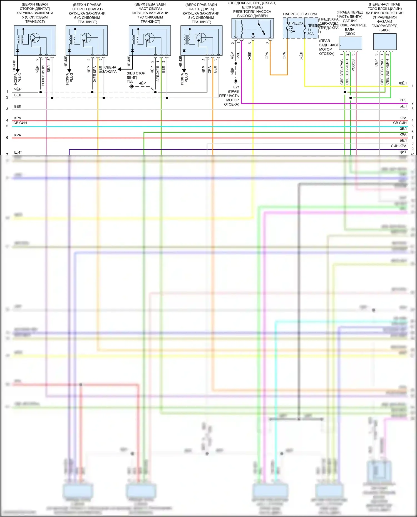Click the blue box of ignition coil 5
(35, 40)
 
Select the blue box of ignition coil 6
(86, 40)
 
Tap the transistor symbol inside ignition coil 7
(150, 38)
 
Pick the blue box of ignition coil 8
(201, 40)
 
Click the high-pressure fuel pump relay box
(252, 28)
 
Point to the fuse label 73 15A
(292, 29)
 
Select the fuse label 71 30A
(310, 32)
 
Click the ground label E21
(236, 87)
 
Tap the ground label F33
(130, 82)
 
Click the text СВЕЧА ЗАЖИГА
(110, 69)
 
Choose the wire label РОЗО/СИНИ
(43, 76)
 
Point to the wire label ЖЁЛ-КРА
(95, 74)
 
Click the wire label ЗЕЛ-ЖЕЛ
(158, 74)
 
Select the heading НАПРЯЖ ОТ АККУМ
(300, 14)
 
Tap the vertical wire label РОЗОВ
(353, 66)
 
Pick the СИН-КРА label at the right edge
(398, 146)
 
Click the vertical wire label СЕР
(376, 63)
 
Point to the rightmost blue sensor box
(385, 42)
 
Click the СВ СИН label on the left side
(20, 123)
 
